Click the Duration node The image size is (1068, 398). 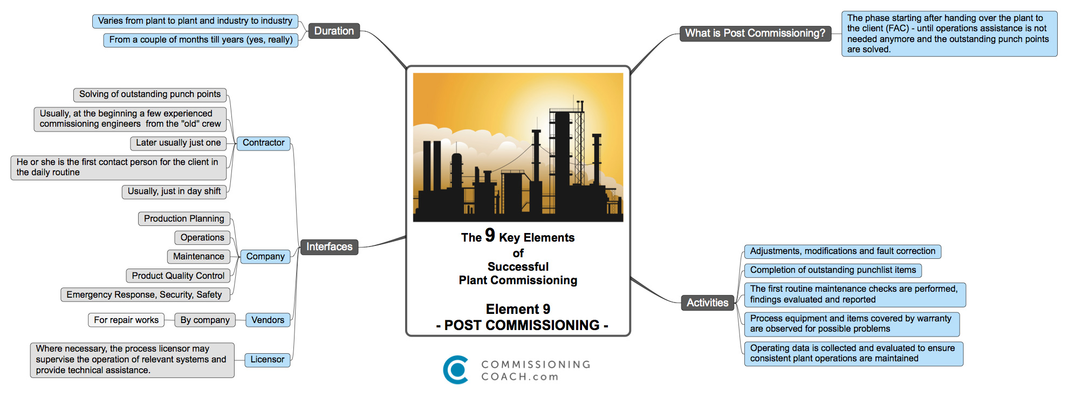pyautogui.click(x=334, y=31)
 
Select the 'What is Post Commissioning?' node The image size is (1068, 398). pyautogui.click(x=755, y=33)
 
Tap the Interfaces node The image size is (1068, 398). pyautogui.click(x=329, y=247)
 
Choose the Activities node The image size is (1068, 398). pyautogui.click(x=707, y=303)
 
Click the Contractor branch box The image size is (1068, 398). pyautogui.click(x=263, y=143)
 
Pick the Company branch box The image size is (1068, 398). pyautogui.click(x=265, y=257)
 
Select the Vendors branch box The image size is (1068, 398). pyautogui.click(x=268, y=320)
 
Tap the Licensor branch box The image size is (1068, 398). pyautogui.click(x=267, y=360)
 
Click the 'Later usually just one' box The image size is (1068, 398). pyautogui.click(x=178, y=143)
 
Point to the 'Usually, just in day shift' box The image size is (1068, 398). pyautogui.click(x=174, y=191)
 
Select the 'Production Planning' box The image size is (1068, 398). pyautogui.click(x=184, y=219)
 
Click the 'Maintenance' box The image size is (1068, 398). pyautogui.click(x=198, y=257)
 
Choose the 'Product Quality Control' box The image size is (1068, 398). pyautogui.click(x=178, y=276)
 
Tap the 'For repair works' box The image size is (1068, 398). pyautogui.click(x=126, y=320)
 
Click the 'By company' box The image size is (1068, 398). pyautogui.click(x=205, y=320)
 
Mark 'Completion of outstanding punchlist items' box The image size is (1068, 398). pyautogui.click(x=833, y=270)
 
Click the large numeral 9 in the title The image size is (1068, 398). pyautogui.click(x=490, y=235)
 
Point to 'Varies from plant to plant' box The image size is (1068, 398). pyautogui.click(x=195, y=21)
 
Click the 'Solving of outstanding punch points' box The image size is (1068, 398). pyautogui.click(x=150, y=94)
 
